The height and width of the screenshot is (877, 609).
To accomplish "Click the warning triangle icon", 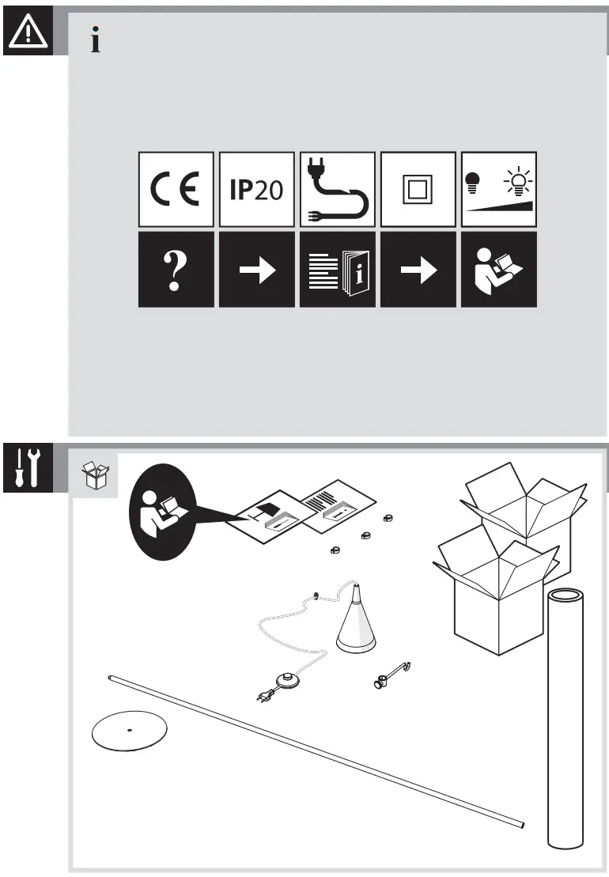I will [x=28, y=32].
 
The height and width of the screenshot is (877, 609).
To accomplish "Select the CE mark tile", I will [x=176, y=190].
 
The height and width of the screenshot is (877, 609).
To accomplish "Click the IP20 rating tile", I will [x=256, y=190].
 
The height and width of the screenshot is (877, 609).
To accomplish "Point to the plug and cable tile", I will [x=337, y=190].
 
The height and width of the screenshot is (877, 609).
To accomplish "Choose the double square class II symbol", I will [x=418, y=190].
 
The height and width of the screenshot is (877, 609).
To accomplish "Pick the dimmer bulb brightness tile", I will [x=498, y=190].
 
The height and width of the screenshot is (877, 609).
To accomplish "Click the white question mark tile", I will [x=176, y=270].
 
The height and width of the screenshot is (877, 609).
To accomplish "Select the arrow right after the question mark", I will [x=256, y=270].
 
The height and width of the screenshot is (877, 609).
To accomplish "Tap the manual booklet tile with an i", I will [x=337, y=270].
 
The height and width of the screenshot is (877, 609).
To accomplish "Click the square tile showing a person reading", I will [x=498, y=270].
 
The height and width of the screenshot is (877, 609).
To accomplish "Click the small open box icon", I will [x=96, y=476].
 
